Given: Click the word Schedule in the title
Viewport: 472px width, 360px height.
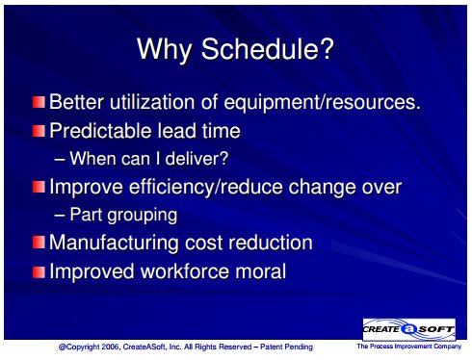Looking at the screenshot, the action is (268, 49).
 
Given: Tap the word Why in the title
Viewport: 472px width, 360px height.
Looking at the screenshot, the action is (164, 50).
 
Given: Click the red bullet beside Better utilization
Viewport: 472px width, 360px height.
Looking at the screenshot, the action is (39, 102).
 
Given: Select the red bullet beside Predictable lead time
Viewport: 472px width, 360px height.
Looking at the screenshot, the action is (39, 131).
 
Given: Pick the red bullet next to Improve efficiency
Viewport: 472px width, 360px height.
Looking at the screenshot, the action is (39, 187).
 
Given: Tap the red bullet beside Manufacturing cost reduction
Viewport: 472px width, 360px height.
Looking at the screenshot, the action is (39, 243).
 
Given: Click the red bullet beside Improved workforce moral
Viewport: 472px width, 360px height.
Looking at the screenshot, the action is (39, 271).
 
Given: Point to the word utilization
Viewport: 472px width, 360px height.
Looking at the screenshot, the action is (152, 102).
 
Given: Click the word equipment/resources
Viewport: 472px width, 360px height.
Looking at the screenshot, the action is (322, 103).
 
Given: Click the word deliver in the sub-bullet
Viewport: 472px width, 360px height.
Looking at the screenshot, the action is (193, 158).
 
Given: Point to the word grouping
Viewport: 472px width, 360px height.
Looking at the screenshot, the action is (143, 216).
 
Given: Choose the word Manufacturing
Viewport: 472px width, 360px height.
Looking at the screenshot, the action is (114, 243).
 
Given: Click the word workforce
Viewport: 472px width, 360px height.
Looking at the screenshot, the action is (185, 271).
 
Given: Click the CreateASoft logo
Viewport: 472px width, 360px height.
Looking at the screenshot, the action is (409, 329).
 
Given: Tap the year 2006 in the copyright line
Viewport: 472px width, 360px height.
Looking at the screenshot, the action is (111, 347).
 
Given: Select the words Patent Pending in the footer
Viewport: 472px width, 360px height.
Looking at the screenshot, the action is (286, 347).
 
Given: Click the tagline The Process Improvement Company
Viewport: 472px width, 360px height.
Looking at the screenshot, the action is (409, 347).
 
